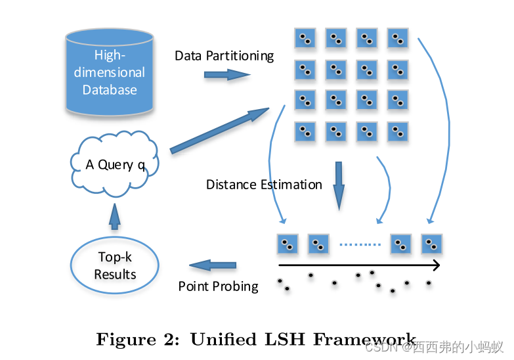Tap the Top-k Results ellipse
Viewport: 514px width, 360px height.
click(115, 266)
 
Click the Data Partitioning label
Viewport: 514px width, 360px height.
click(224, 56)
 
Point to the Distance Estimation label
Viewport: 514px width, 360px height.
click(264, 185)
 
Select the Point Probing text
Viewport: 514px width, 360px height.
click(218, 286)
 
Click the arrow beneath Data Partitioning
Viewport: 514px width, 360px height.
click(226, 75)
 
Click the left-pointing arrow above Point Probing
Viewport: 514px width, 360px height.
click(213, 265)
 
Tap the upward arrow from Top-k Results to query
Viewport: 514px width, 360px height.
click(115, 216)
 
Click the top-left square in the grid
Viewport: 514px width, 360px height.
click(305, 39)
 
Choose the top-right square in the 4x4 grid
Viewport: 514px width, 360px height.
click(397, 39)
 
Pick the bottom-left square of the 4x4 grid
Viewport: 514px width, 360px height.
click(305, 131)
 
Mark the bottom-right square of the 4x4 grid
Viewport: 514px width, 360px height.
click(397, 131)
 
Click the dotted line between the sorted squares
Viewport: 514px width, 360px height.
click(360, 245)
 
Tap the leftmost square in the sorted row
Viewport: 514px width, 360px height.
click(288, 244)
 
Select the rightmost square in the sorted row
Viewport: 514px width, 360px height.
click(431, 244)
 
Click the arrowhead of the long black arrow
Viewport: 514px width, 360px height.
click(435, 265)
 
